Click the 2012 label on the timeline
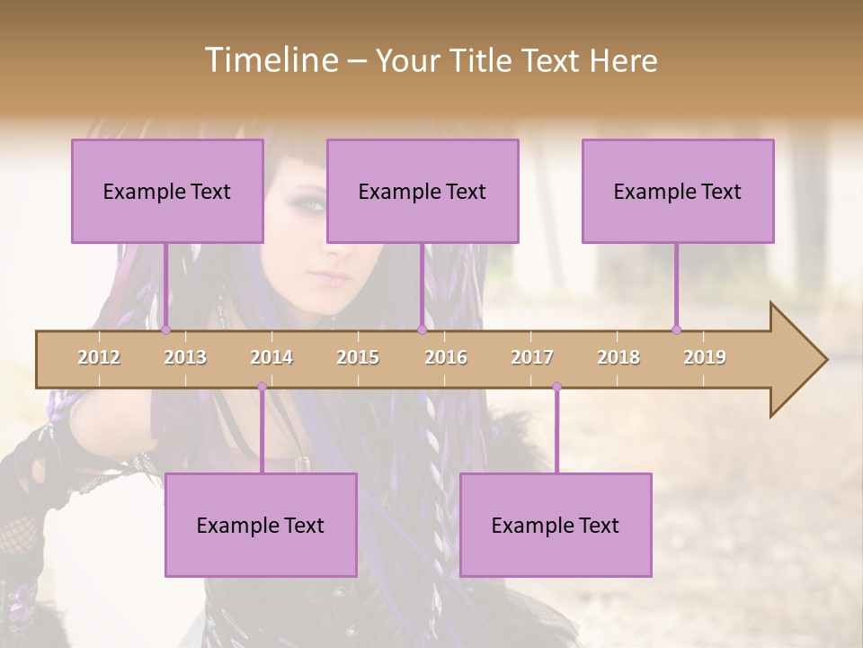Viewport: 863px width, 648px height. tap(99, 357)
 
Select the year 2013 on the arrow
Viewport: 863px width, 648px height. tap(185, 357)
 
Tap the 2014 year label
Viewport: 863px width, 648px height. tap(271, 357)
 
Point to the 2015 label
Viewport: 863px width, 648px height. tap(358, 357)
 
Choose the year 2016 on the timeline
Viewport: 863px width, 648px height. tap(446, 357)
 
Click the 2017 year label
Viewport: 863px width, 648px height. tap(532, 357)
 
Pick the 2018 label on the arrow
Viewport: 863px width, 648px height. tap(618, 357)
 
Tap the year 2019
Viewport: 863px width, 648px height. tap(705, 357)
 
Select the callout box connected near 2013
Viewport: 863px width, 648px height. tap(167, 191)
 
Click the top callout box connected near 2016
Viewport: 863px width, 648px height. tap(423, 191)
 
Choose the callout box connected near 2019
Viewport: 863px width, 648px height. tap(678, 191)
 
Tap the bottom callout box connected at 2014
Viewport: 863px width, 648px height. tap(261, 525)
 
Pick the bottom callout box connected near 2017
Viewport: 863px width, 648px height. tap(556, 525)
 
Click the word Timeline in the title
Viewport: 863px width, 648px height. tap(270, 60)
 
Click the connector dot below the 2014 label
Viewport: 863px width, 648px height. tap(262, 387)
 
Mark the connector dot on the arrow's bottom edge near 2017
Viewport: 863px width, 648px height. tap(556, 387)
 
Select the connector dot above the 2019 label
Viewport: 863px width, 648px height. tap(676, 329)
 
